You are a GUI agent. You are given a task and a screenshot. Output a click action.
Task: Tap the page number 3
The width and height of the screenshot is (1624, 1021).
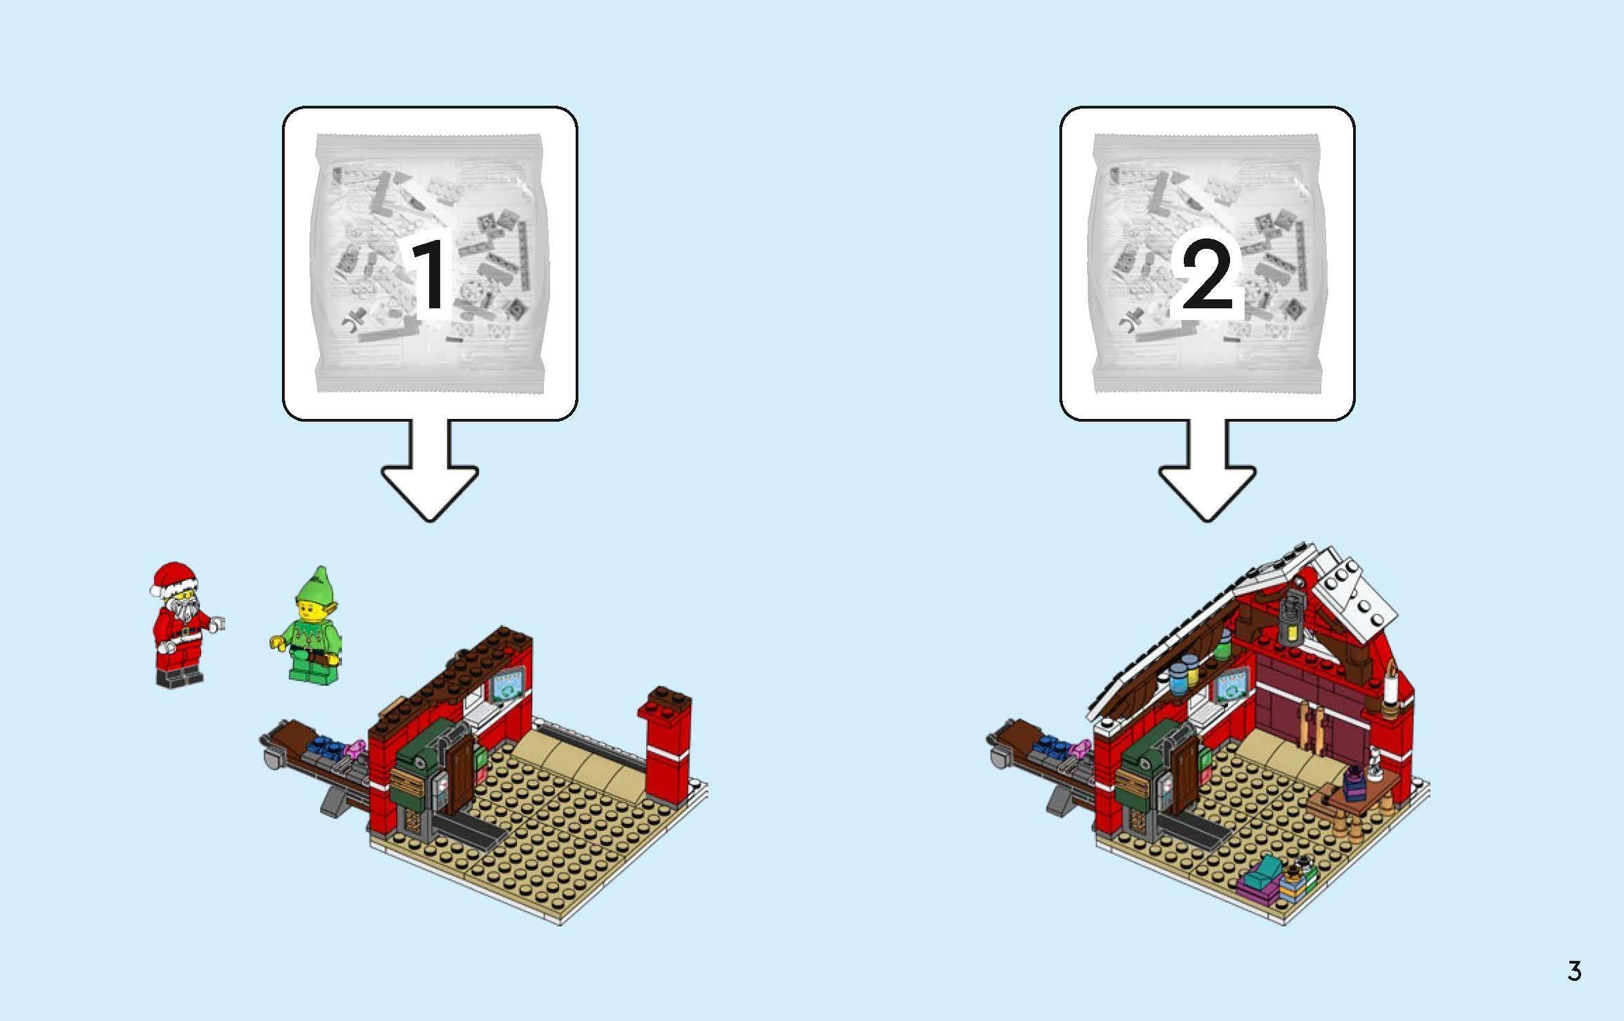1574,971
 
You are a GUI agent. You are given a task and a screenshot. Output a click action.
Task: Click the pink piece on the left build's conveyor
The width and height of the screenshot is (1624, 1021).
357,747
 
